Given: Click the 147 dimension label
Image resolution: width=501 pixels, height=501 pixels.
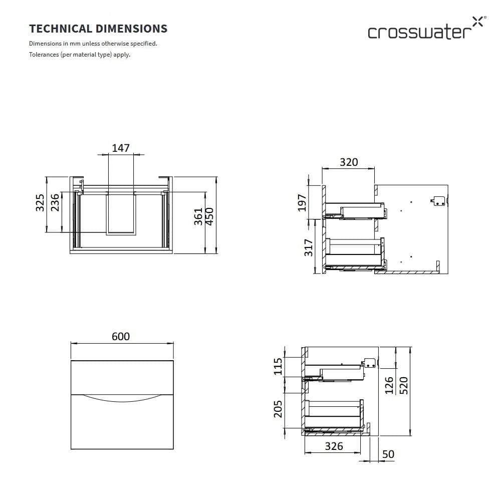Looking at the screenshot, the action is [x=121, y=148].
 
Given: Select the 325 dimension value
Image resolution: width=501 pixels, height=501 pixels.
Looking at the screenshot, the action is [x=40, y=202].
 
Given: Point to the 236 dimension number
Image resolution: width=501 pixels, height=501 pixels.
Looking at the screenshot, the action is [x=55, y=202].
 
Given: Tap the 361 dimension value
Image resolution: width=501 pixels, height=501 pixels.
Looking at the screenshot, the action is [x=198, y=216].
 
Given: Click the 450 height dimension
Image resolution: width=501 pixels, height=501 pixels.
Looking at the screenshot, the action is [x=209, y=216].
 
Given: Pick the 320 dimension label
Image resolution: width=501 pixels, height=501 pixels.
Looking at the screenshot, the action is [x=349, y=162].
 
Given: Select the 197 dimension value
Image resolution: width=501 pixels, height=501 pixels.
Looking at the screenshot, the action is [x=302, y=202].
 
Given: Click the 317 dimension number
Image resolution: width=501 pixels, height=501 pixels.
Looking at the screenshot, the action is [x=308, y=247].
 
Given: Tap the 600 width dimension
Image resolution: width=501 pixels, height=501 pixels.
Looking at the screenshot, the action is [x=121, y=337].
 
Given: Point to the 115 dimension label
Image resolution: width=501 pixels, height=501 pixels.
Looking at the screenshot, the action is [x=278, y=367].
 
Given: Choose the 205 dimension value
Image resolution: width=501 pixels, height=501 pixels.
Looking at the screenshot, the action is [x=278, y=409].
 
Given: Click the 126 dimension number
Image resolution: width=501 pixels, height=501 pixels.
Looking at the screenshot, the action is [x=389, y=385].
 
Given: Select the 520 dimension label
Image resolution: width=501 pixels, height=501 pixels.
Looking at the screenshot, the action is [x=404, y=386].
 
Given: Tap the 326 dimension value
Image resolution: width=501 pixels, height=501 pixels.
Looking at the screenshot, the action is [x=334, y=446].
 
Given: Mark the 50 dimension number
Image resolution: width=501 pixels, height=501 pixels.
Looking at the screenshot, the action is [x=388, y=454].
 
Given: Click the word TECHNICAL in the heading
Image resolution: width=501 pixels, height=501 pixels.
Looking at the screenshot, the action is [x=61, y=29].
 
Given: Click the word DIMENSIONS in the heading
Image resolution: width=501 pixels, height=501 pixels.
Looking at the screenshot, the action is [x=132, y=29].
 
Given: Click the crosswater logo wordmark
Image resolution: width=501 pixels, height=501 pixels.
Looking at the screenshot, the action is [x=419, y=33].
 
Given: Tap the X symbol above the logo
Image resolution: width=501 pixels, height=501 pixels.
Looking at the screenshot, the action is [x=477, y=22].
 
